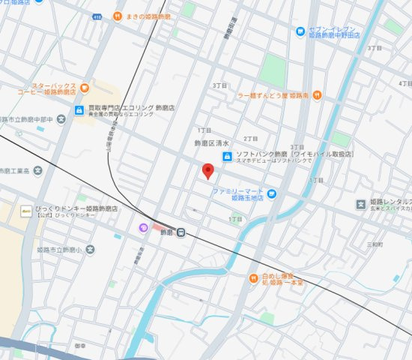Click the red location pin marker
209,170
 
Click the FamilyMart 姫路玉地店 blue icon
272,193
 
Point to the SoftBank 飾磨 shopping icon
227,156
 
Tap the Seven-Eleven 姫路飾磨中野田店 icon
299,32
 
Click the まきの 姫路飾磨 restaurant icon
118,16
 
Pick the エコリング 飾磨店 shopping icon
79,110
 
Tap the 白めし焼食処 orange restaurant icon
253,278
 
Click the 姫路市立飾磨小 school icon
91,249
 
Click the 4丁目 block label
405,83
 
